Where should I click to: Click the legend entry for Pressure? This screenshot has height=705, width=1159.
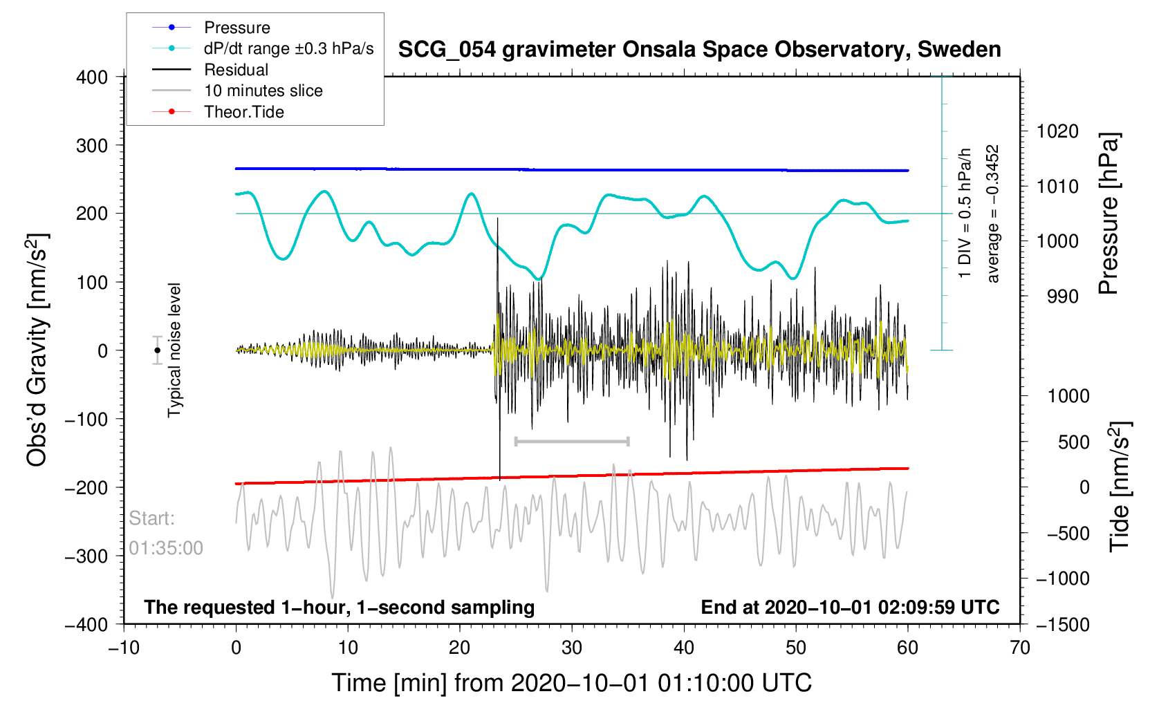[237, 28]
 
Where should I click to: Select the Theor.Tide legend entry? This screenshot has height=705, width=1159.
[243, 112]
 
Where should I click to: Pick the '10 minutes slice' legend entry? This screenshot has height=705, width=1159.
[263, 91]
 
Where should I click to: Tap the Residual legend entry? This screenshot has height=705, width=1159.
[236, 70]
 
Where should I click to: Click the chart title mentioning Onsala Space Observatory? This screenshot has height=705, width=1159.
[699, 50]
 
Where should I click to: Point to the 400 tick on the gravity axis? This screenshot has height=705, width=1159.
[93, 77]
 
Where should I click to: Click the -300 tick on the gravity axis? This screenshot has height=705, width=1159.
[87, 556]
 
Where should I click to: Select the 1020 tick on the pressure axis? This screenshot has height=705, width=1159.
[1057, 131]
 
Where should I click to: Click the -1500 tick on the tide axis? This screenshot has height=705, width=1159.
[1061, 625]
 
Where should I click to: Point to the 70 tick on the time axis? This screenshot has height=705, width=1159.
[1020, 648]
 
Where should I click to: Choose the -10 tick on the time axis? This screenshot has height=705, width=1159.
[124, 648]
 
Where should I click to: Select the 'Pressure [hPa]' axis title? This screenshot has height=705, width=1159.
[1108, 214]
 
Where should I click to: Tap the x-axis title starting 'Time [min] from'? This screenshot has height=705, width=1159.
[571, 683]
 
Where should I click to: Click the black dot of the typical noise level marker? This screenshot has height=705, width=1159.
[158, 350]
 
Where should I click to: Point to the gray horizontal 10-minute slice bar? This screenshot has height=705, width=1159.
[572, 441]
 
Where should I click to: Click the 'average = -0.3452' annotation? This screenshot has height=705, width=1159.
[993, 214]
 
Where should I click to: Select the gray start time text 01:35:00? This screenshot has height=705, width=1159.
[166, 548]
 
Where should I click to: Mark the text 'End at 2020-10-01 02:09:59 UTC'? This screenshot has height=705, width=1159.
[850, 608]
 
